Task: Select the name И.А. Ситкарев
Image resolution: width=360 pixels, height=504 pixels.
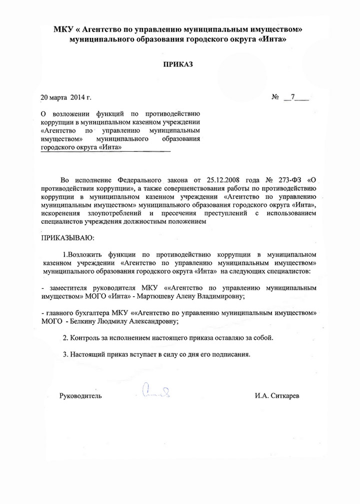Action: click(278, 396)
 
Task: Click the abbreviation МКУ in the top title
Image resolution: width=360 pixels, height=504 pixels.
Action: click(63, 30)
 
